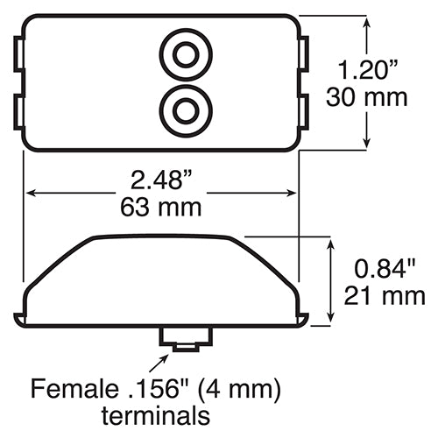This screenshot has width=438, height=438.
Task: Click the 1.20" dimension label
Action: coord(367,70)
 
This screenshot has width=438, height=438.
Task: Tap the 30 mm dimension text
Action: coord(366,97)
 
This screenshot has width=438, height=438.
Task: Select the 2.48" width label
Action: coord(161,180)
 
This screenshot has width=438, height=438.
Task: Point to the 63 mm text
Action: coord(161,208)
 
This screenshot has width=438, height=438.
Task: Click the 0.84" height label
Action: coord(385,269)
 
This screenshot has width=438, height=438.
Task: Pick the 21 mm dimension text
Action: coord(385,296)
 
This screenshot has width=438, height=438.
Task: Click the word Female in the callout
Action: coord(74,388)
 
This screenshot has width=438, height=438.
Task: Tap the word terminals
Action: coord(156,415)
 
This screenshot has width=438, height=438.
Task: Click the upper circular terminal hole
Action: coord(186,54)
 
